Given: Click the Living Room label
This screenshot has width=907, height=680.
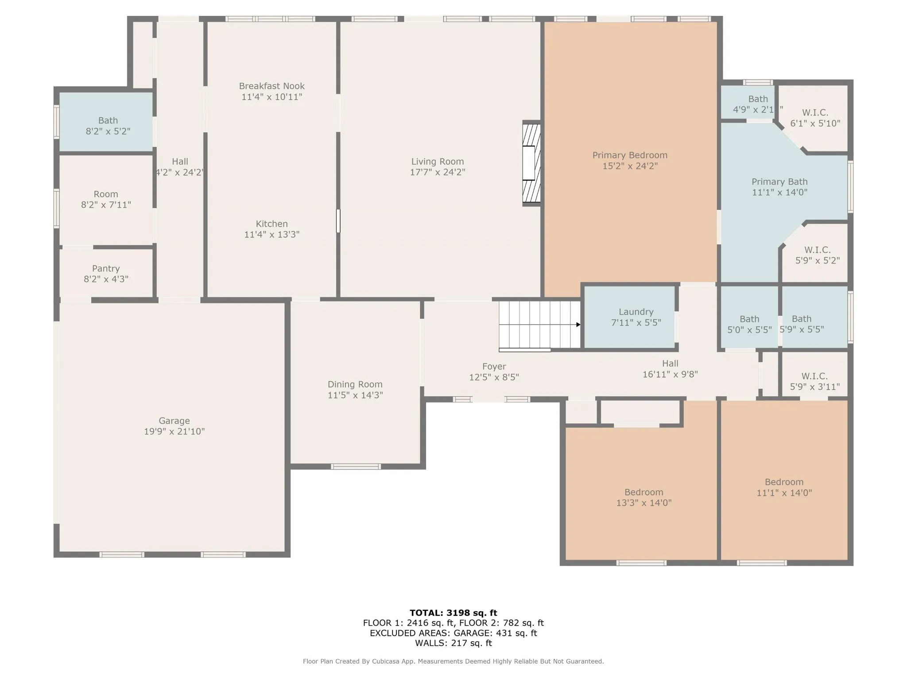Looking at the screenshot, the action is pyautogui.click(x=437, y=162).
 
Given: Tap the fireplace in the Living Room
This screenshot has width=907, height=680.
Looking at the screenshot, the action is pyautogui.click(x=531, y=163).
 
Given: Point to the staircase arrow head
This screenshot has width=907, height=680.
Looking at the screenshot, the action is pyautogui.click(x=578, y=325).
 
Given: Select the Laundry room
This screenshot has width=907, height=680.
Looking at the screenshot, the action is pyautogui.click(x=630, y=317).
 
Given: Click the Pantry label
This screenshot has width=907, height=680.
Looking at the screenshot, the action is pyautogui.click(x=106, y=268).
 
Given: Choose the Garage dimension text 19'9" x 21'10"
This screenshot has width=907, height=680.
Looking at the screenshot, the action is pyautogui.click(x=174, y=432).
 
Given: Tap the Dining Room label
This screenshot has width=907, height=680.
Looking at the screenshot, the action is pyautogui.click(x=355, y=385).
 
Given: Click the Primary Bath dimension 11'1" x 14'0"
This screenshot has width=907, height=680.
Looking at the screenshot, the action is pyautogui.click(x=779, y=193).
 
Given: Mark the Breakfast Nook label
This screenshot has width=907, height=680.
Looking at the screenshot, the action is pyautogui.click(x=271, y=86).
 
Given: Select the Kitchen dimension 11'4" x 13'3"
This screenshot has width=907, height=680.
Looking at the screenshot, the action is pyautogui.click(x=271, y=235).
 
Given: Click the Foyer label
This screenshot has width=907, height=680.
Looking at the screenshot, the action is pyautogui.click(x=494, y=367).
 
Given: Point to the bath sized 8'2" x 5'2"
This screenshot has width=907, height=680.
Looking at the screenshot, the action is pyautogui.click(x=106, y=122).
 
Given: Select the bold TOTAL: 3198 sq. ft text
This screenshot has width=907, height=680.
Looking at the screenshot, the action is pyautogui.click(x=453, y=613).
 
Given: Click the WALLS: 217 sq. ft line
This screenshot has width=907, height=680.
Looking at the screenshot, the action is pyautogui.click(x=453, y=643).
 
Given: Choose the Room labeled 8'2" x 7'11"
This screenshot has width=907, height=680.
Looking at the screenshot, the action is pyautogui.click(x=106, y=200).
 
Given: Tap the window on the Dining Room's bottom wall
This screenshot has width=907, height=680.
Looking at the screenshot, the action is pyautogui.click(x=356, y=466).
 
